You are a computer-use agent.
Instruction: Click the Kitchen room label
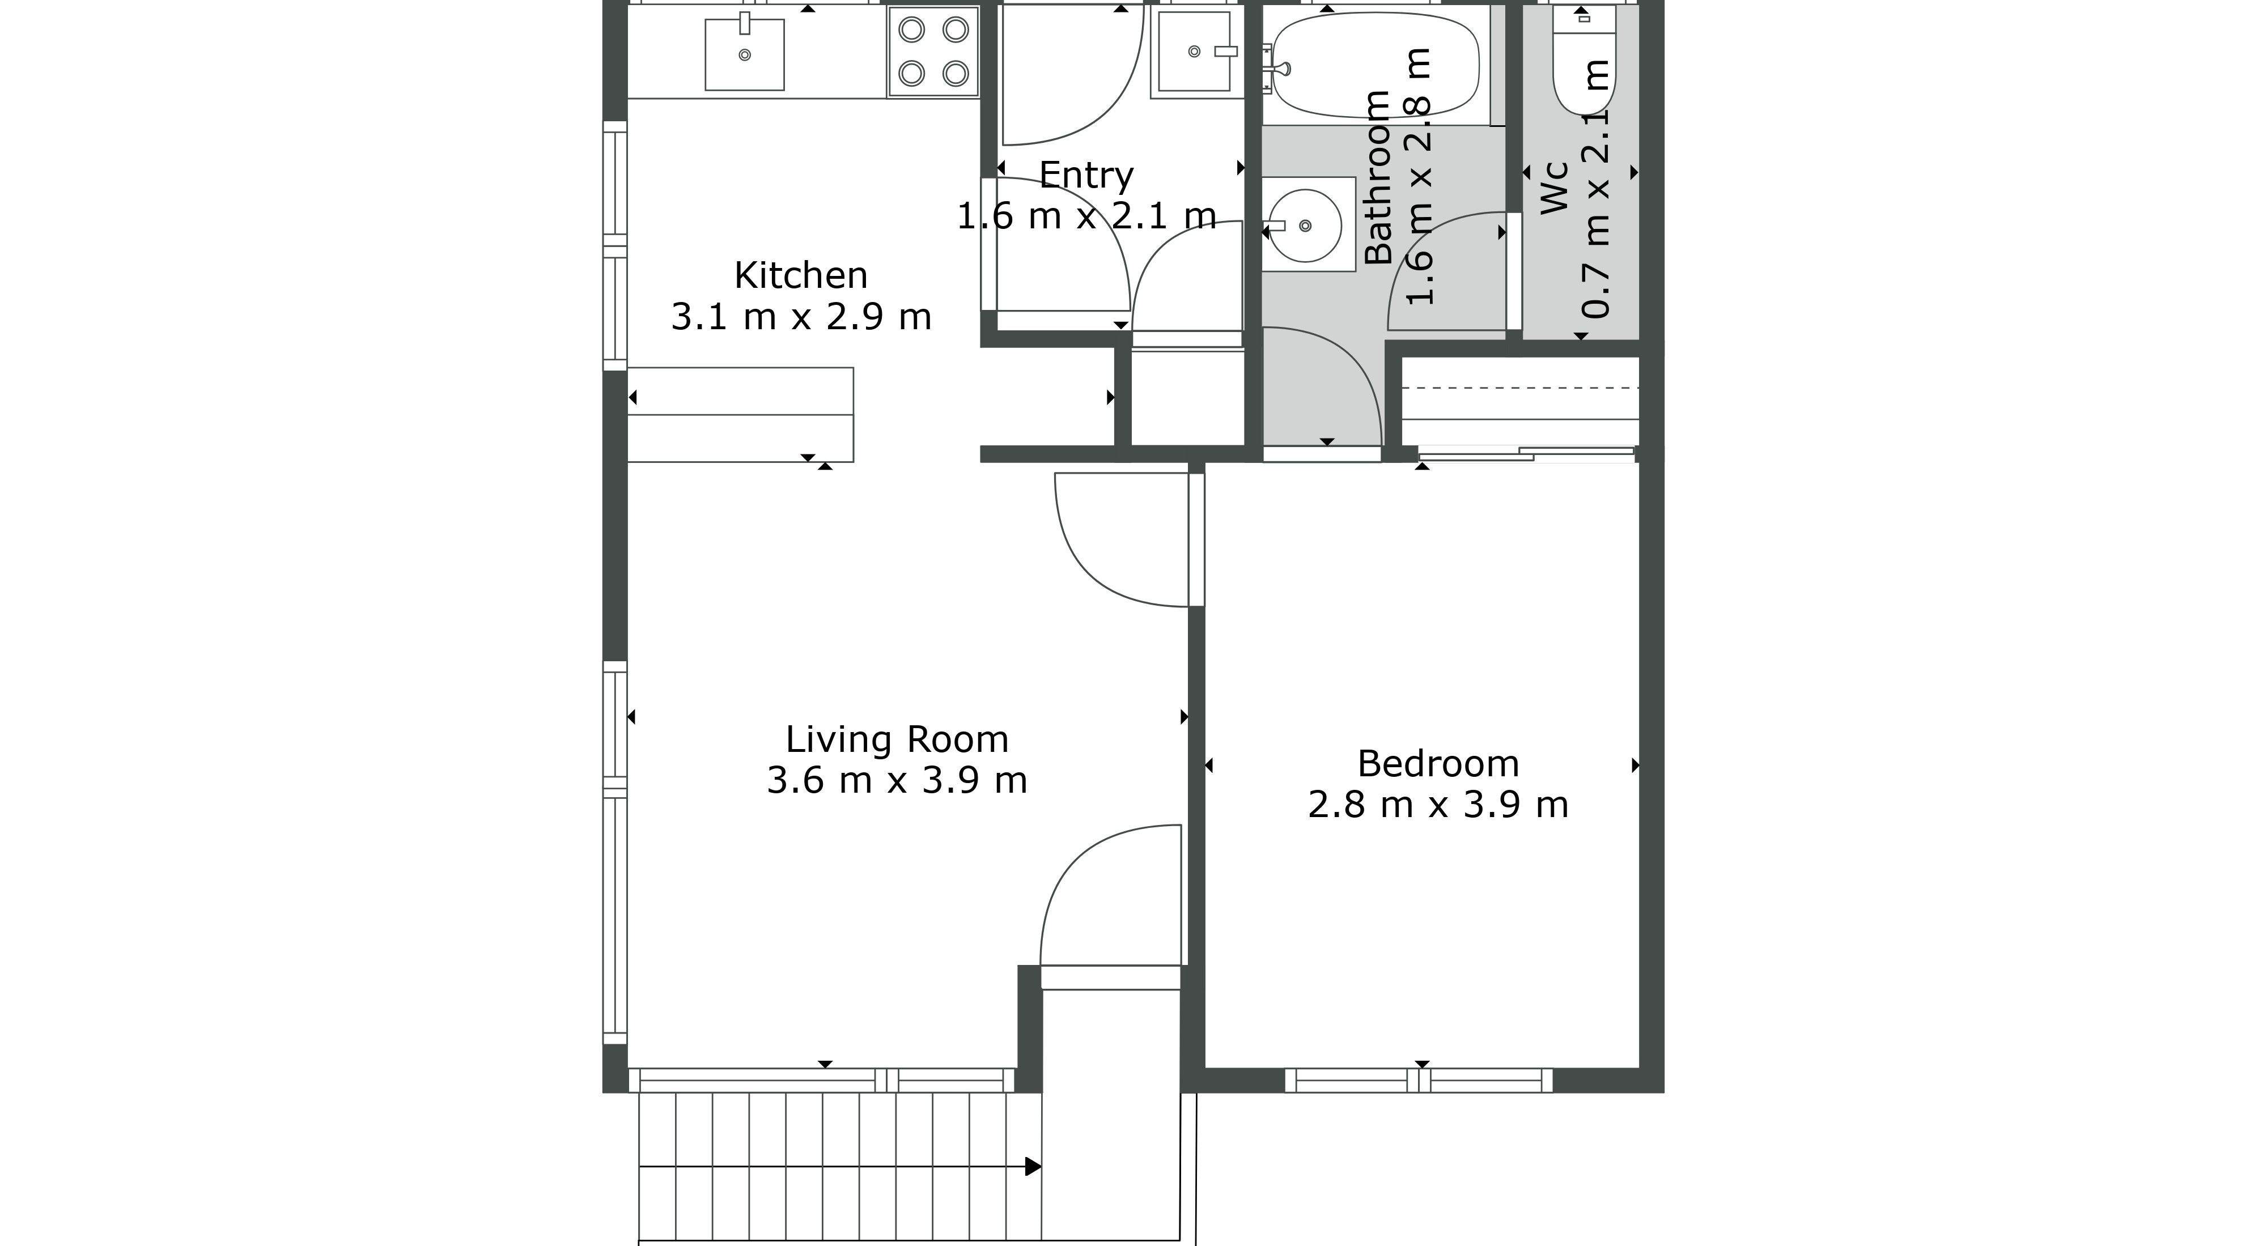(x=801, y=275)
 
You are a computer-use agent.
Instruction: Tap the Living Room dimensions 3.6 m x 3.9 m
(x=897, y=780)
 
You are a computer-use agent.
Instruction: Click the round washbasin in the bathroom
(x=1305, y=226)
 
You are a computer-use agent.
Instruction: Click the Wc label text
(x=1555, y=188)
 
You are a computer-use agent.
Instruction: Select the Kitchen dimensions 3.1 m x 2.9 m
(x=801, y=317)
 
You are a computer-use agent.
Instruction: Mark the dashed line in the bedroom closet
(x=1521, y=387)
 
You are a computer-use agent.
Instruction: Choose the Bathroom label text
(x=1377, y=177)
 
